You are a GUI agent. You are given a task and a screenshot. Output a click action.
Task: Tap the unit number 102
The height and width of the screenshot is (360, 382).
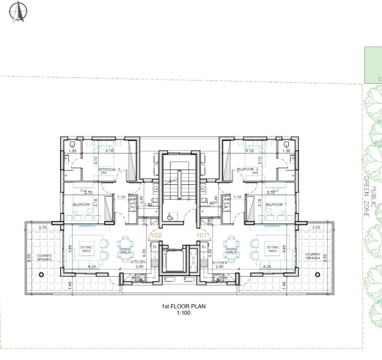[157, 234]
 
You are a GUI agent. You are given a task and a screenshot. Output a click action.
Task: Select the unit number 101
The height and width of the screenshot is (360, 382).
[203, 234]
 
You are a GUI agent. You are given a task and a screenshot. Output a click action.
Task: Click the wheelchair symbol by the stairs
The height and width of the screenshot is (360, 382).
[170, 216]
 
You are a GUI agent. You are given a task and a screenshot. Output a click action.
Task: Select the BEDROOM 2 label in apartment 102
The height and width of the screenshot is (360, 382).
[110, 170]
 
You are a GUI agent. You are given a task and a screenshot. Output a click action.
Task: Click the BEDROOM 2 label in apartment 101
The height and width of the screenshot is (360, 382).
[248, 170]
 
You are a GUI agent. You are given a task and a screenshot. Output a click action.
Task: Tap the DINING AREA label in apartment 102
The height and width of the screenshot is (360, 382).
[125, 251]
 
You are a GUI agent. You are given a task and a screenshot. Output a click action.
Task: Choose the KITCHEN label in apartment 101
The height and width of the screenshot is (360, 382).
[220, 262]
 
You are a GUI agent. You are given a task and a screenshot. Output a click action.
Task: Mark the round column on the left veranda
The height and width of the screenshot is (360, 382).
[41, 275]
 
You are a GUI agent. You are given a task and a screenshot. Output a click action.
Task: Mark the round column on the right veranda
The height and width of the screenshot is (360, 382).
[318, 274]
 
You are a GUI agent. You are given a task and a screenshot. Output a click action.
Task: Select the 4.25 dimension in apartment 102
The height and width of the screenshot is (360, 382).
[92, 267]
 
